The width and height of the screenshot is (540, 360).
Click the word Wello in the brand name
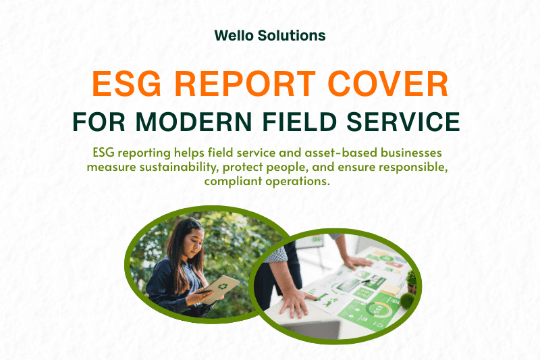pyautogui.click(x=234, y=35)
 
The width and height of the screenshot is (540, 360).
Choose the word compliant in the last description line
pyautogui.click(x=240, y=182)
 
